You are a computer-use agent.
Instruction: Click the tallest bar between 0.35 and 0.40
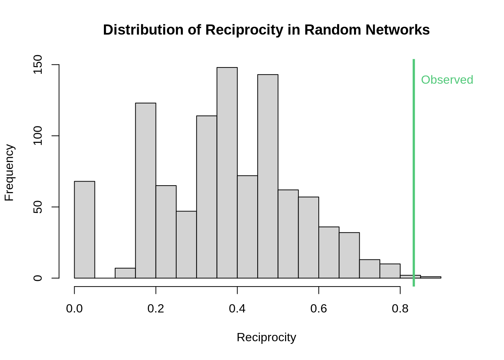[x=227, y=172]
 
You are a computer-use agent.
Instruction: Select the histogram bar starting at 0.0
[x=84, y=229]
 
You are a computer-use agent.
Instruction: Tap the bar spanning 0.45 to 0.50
[x=268, y=176]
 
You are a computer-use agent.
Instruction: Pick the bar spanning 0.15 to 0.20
[x=145, y=190]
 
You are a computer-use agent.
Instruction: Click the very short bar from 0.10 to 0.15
[x=125, y=273]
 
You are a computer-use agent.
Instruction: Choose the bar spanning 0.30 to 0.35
[x=207, y=197]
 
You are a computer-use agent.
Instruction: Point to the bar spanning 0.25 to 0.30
[x=186, y=244]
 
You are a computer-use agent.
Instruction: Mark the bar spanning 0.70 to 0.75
[x=370, y=269]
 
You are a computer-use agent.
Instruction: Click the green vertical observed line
[x=414, y=169]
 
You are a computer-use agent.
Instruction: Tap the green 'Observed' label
[x=447, y=80]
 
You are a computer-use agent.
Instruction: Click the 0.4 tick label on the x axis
[x=237, y=309]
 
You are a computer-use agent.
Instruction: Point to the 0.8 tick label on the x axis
[x=400, y=309]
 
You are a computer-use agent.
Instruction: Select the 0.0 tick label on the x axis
[x=74, y=309]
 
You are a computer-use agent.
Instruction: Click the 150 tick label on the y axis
[x=37, y=64]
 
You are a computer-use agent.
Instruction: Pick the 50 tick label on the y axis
[x=37, y=207]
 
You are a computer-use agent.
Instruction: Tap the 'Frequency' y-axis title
[x=9, y=172]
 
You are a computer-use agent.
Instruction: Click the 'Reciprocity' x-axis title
[x=266, y=337]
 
